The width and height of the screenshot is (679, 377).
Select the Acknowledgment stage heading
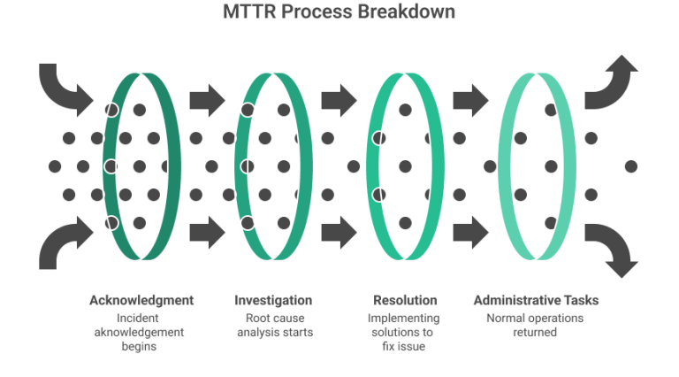point(141,300)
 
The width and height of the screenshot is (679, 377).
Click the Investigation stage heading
point(273,300)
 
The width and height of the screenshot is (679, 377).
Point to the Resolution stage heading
point(404,300)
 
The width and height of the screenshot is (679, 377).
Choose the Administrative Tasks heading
point(537,300)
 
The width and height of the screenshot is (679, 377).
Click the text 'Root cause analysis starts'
point(273,325)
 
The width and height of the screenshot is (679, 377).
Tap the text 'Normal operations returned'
point(537,325)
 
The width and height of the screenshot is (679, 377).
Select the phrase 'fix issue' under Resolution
point(404,347)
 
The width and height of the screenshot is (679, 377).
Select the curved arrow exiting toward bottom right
point(612,248)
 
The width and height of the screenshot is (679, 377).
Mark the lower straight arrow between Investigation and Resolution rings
point(339,232)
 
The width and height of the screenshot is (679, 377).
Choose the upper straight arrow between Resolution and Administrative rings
point(470,99)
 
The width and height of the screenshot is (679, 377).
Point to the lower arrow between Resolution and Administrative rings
point(470,232)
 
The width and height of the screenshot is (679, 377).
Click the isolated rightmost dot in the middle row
point(630,165)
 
